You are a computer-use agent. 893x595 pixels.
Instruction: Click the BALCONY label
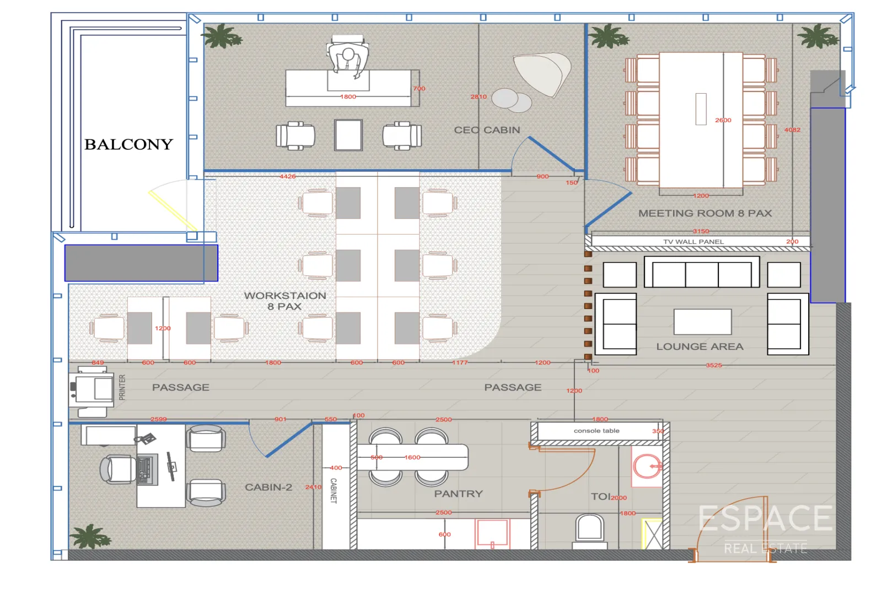[x=128, y=144]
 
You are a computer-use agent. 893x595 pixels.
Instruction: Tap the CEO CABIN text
[x=487, y=130]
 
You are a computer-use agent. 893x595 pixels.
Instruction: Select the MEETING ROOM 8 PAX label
[x=704, y=213]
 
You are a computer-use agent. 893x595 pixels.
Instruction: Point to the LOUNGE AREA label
[x=700, y=347]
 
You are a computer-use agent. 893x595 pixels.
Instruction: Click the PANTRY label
[x=458, y=494]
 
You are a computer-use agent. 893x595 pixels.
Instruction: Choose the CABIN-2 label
[x=268, y=487]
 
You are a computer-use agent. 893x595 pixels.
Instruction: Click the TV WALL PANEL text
[x=693, y=242]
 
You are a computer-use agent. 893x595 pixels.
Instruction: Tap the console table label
[x=596, y=431]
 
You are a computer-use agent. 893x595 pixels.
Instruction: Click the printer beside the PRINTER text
[x=92, y=389]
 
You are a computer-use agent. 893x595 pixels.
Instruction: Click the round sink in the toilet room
[x=647, y=467]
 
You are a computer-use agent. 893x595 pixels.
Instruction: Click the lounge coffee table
[x=702, y=321]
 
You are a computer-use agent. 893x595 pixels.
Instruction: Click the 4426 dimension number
[x=287, y=176]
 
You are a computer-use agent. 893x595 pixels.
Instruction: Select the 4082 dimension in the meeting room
[x=792, y=130]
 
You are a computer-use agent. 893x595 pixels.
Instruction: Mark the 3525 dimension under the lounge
[x=714, y=365]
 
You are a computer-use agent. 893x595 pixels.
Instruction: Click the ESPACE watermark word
[x=765, y=519]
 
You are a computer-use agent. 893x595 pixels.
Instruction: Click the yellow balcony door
[x=173, y=209]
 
